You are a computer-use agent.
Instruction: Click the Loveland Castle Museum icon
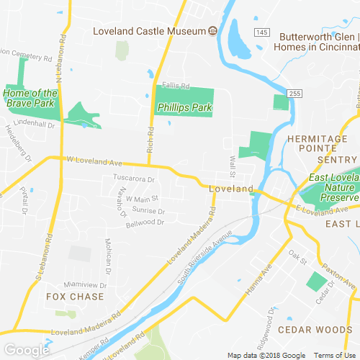coord(213,31)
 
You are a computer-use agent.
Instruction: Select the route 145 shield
coord(262,33)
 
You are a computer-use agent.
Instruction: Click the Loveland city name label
coord(231,189)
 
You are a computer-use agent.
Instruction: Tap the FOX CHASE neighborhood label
coord(75,296)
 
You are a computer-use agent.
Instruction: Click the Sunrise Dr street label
coord(149,211)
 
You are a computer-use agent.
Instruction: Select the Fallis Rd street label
coord(175,86)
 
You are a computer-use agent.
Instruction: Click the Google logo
coord(26,350)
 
